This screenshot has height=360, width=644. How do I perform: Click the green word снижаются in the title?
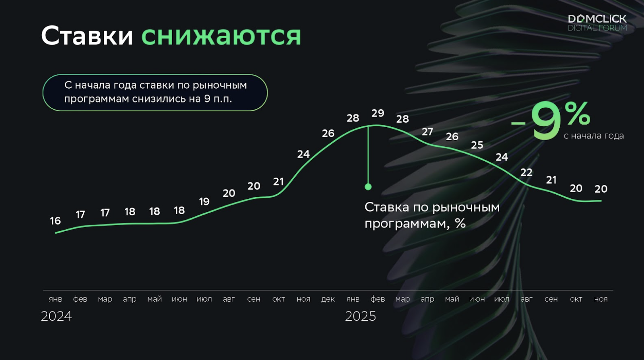pyautogui.click(x=221, y=36)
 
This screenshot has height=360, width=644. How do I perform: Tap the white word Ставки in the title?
pyautogui.click(x=87, y=36)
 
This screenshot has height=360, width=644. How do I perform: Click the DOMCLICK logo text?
pyautogui.click(x=597, y=19)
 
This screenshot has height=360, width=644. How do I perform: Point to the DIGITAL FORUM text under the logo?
pyautogui.click(x=597, y=28)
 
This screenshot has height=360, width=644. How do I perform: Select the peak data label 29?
pyautogui.click(x=378, y=113)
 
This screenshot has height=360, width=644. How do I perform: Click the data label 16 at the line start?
pyautogui.click(x=55, y=221)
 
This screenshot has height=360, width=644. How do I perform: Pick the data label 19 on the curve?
pyautogui.click(x=204, y=202)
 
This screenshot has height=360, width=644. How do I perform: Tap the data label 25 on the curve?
pyautogui.click(x=477, y=145)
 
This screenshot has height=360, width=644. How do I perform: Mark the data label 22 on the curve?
pyautogui.click(x=526, y=172)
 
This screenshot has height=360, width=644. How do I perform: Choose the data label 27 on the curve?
pyautogui.click(x=427, y=132)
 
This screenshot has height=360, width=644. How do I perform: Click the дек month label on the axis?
pyautogui.click(x=328, y=299)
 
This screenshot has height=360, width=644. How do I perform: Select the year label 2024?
pyautogui.click(x=56, y=316)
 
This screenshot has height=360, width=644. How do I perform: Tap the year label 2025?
pyautogui.click(x=361, y=316)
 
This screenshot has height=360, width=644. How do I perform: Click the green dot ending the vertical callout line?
pyautogui.click(x=368, y=187)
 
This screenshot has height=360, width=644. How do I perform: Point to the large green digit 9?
pyautogui.click(x=546, y=120)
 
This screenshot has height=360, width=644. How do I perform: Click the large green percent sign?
pyautogui.click(x=578, y=114)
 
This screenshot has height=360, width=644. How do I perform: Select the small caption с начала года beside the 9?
pyautogui.click(x=594, y=135)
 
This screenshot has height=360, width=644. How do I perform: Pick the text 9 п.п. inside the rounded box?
pyautogui.click(x=217, y=99)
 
